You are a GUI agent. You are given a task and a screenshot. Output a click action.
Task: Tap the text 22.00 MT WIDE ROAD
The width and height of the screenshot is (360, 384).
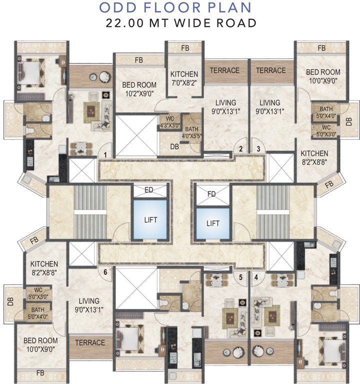[181, 22]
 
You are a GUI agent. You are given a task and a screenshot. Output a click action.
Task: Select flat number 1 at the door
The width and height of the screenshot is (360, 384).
[105, 154]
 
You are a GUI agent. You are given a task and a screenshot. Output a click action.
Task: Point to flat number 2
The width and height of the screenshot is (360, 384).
[241, 148]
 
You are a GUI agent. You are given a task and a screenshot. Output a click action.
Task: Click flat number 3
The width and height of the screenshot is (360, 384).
[258, 148]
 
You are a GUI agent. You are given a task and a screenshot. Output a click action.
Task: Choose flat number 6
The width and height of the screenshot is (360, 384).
[105, 272]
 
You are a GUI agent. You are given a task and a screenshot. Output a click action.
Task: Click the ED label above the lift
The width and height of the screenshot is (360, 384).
[149, 190]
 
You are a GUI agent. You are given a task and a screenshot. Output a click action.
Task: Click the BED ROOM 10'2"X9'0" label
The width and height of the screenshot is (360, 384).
[139, 88]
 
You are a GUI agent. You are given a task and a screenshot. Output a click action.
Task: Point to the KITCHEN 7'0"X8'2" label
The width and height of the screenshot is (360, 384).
[184, 78]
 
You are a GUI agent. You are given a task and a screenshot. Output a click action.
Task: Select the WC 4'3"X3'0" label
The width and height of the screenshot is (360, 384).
[169, 122]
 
